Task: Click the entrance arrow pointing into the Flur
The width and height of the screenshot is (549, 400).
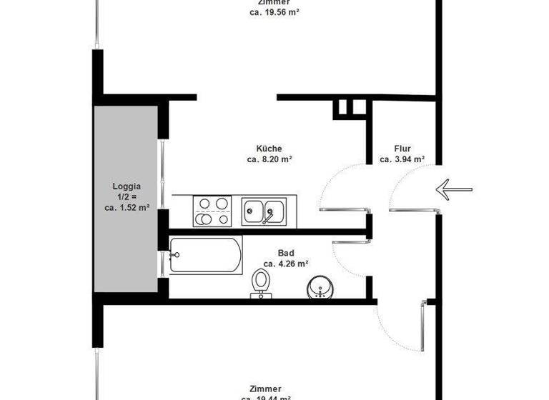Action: (x=454, y=189)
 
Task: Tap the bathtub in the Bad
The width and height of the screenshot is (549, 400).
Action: (x=206, y=255)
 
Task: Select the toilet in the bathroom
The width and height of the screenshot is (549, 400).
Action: (x=261, y=285)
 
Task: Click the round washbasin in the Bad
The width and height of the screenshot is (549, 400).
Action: (x=320, y=288)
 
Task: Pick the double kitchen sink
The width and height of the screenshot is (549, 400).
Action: (x=264, y=211)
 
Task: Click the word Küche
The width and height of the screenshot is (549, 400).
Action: (x=269, y=149)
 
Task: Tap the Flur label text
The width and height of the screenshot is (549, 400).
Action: (x=402, y=149)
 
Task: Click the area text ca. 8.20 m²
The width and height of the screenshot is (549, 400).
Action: (x=269, y=160)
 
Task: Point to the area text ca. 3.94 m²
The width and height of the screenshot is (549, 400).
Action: (x=402, y=160)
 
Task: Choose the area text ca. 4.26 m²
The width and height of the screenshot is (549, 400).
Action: (x=286, y=264)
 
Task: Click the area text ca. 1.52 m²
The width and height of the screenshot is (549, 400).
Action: (x=127, y=208)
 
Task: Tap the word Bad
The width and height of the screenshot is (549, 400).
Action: (x=286, y=253)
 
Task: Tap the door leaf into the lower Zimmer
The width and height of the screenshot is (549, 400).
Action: (x=421, y=327)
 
